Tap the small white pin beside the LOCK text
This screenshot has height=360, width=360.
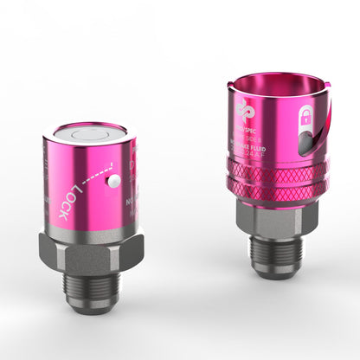pyautogui.click(x=112, y=182)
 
